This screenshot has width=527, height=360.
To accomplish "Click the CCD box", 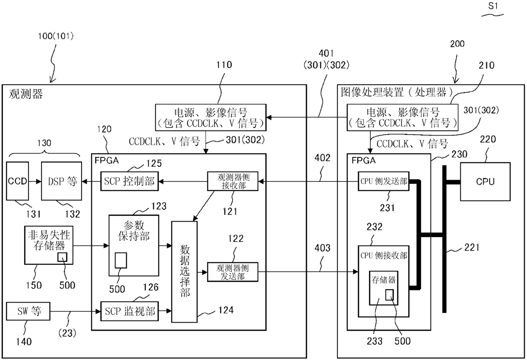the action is click(x=17, y=181).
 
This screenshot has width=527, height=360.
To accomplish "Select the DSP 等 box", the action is click(x=62, y=181).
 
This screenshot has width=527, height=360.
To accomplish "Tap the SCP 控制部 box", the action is click(x=129, y=181).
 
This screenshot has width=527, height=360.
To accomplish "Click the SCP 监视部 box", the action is click(x=129, y=311).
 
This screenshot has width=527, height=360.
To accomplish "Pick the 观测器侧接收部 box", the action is click(x=232, y=181).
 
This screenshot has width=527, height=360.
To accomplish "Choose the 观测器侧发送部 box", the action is click(x=232, y=272).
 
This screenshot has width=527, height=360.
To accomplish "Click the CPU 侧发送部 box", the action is click(x=383, y=181).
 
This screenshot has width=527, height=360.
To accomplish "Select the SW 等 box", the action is click(x=28, y=311).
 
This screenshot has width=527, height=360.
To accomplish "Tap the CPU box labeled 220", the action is click(x=485, y=181).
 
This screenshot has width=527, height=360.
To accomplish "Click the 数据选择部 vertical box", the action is click(x=184, y=272).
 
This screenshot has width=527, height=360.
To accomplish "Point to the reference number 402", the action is click(x=322, y=158).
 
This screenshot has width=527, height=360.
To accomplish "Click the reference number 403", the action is click(x=322, y=248).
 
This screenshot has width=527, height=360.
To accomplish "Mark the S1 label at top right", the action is click(x=493, y=6).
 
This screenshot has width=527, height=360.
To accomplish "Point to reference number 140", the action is click(x=24, y=342).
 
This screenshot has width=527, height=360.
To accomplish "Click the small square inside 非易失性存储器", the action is click(x=62, y=257).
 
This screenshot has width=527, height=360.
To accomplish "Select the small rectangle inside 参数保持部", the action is click(x=121, y=261).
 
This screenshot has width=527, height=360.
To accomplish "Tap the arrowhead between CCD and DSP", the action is click(x=39, y=181).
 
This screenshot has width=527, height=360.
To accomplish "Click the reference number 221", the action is click(x=472, y=247).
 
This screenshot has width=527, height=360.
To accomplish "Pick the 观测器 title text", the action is click(x=26, y=94).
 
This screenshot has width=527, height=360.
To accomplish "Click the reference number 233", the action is click(x=374, y=341).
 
